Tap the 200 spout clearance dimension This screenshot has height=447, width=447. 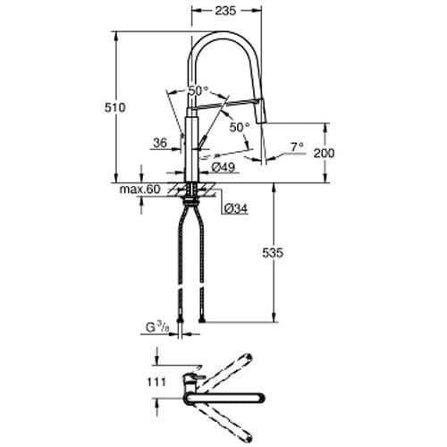point(324,154)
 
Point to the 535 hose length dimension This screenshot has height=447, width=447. point(274,254)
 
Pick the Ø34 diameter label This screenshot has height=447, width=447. point(235,208)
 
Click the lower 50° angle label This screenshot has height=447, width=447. point(239,127)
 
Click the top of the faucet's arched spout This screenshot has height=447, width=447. point(228,35)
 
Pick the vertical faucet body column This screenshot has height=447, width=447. point(190,148)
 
